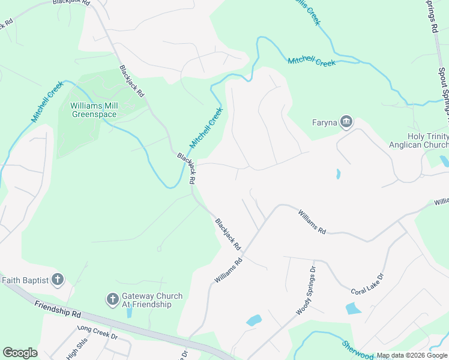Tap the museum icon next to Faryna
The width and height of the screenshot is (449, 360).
346,123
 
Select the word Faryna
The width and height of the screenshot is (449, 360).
325,123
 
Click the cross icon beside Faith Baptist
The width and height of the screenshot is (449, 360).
58,279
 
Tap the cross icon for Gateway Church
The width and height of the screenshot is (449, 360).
112,299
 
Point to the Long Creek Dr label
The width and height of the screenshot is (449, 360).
97,332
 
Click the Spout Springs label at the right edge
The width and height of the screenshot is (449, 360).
443,90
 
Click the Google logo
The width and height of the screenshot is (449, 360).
20,353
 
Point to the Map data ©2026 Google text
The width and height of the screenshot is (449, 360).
412,356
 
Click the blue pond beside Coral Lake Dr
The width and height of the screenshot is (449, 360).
354,308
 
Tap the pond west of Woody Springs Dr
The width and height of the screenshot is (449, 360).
254,320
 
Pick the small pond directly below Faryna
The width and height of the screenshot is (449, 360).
338,174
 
